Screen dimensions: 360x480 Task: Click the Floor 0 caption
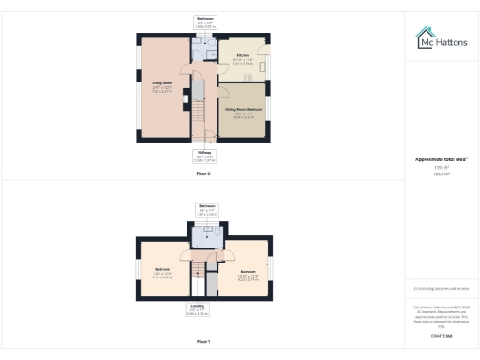(x=203, y=174)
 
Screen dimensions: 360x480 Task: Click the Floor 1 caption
(x=203, y=342)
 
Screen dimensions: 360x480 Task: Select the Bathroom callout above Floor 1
(x=206, y=208)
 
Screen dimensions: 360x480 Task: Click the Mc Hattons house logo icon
(x=424, y=38)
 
